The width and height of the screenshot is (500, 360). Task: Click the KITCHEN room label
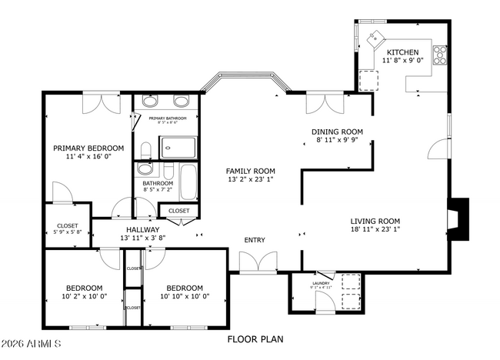pos(402,52)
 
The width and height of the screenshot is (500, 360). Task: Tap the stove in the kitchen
pos(440,54)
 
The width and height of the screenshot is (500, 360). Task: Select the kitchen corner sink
pos(378,37)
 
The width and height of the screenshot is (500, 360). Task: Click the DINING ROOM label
pos(337,132)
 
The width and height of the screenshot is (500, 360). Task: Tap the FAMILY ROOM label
pos(250,171)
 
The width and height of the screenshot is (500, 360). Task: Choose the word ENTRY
pos(255,240)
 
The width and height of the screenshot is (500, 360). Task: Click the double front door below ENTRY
pos(253,264)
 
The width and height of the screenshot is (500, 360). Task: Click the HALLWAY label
pos(143,229)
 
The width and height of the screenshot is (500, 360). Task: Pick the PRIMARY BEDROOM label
pos(88,148)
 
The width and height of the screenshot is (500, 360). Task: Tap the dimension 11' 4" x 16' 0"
pos(88,157)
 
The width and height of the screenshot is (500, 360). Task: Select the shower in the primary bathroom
pos(179,146)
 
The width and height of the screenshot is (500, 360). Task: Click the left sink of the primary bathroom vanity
pos(150,102)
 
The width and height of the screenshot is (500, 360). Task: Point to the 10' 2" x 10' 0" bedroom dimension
pos(85,296)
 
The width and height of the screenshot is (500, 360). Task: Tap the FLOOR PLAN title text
pos(255,338)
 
